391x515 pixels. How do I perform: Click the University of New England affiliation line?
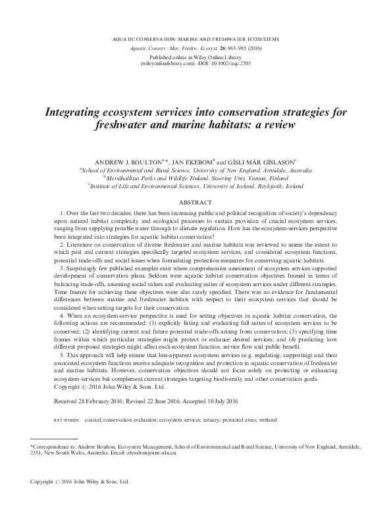pyautogui.click(x=195, y=170)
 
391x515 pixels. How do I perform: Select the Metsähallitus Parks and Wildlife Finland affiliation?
pyautogui.click(x=195, y=178)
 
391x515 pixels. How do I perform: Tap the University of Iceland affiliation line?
pyautogui.click(x=195, y=186)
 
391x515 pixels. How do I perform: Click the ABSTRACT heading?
pyautogui.click(x=195, y=204)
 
